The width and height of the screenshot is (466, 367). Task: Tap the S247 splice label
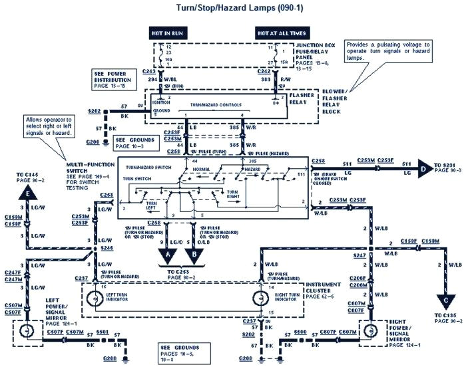coord(360,255)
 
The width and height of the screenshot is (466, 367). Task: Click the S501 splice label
coord(101,330)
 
